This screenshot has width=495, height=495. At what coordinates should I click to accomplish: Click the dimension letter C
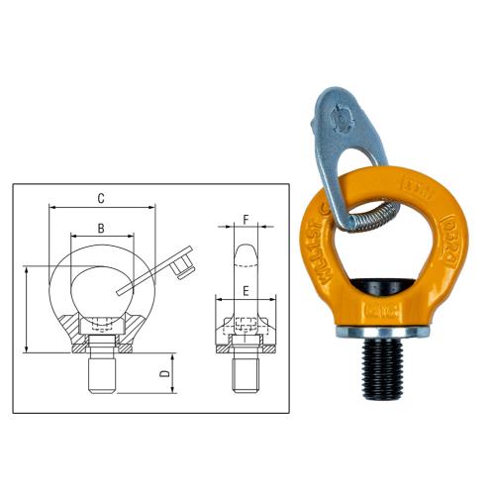coord(102,199)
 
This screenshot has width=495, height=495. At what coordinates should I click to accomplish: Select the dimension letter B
coord(102,228)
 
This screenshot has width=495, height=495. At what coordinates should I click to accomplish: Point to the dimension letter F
coord(247,221)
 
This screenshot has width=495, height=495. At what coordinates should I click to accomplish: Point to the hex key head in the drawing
coord(179,262)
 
